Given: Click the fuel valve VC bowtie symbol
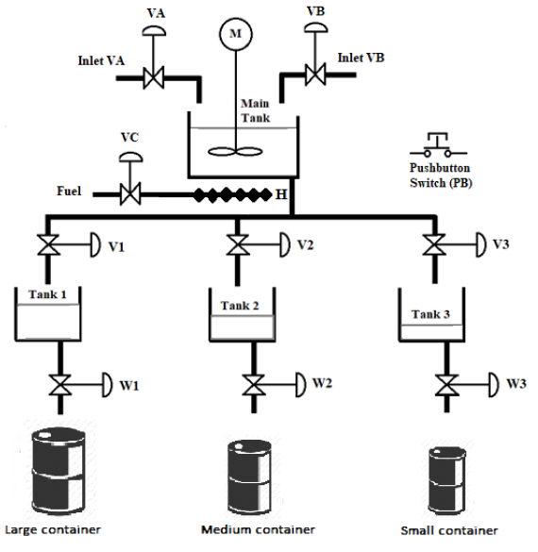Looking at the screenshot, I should tap(129, 195).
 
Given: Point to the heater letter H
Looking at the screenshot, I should tap(280, 194).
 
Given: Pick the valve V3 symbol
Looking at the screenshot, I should tap(433, 247).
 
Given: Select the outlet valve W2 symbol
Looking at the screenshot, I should tap(253, 385).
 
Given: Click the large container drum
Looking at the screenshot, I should tap(57, 469).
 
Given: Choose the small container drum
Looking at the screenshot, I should tap(446, 480).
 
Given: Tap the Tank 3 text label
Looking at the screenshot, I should tap(433, 314).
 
